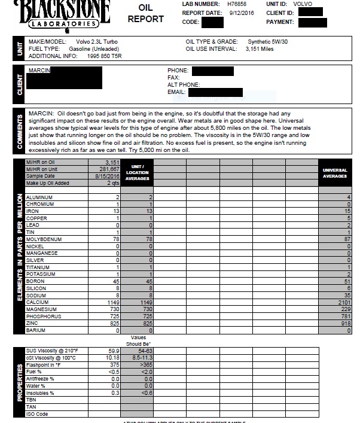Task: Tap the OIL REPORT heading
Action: (x=145, y=14)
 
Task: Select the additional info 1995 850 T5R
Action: (x=96, y=56)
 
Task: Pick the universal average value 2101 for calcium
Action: (x=334, y=302)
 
